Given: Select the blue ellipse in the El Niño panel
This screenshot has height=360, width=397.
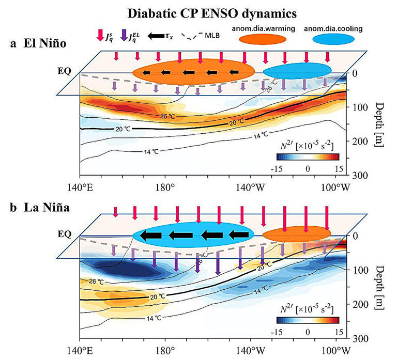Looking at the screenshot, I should click(x=297, y=70).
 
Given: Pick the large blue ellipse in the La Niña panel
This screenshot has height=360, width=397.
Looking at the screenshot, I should click(x=193, y=235).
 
